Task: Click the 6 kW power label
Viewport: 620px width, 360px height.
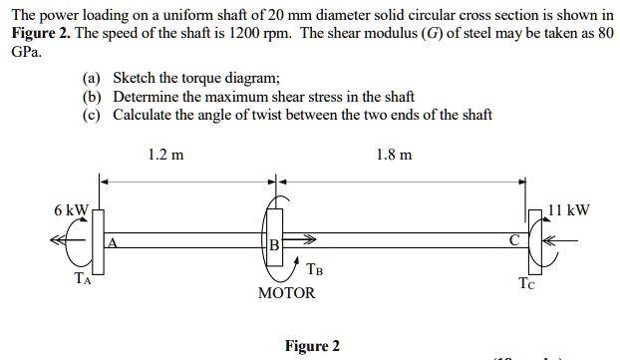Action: (x=73, y=210)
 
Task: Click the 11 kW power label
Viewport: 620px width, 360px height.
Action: (x=570, y=210)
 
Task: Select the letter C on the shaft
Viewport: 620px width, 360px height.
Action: (x=512, y=240)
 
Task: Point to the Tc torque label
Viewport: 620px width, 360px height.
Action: (x=526, y=283)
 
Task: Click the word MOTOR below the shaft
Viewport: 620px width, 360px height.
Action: (x=286, y=293)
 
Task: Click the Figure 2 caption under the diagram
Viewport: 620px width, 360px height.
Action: (x=312, y=346)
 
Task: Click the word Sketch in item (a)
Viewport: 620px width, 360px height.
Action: (x=136, y=78)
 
